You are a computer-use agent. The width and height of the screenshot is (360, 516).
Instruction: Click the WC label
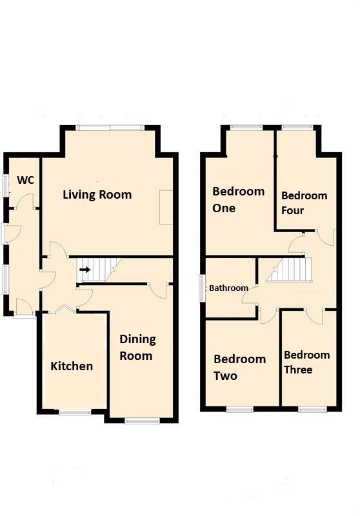pos(25,180)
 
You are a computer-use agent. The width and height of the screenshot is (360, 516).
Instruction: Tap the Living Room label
pos(97,195)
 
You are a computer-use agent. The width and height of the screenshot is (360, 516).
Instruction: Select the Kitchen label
pos(72,366)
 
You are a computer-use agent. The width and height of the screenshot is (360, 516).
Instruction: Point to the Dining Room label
pos(137,347)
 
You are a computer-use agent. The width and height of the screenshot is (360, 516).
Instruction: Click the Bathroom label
pos(228,288)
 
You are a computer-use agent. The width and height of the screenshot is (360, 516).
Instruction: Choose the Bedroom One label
pos(238,199)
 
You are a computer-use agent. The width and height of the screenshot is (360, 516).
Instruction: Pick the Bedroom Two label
pos(239,367)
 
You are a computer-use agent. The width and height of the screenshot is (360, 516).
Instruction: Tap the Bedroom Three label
pos(306,362)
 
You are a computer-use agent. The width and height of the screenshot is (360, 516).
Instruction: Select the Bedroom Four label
pos(304,203)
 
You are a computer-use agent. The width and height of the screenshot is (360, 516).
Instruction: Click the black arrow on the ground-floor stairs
pos(85,270)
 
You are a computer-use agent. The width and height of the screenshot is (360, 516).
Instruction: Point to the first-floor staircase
pos(289,270)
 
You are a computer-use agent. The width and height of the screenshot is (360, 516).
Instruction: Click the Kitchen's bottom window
pos(75,412)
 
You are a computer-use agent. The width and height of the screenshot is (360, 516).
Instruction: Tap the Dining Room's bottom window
pos(142,421)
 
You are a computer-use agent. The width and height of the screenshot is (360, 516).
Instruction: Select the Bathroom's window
pos(203,288)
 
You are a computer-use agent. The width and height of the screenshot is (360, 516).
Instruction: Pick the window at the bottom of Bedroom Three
pos(313,409)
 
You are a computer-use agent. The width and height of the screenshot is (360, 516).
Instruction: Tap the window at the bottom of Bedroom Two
pos(239,409)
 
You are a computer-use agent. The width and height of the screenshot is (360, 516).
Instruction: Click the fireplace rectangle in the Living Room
pos(166,207)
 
